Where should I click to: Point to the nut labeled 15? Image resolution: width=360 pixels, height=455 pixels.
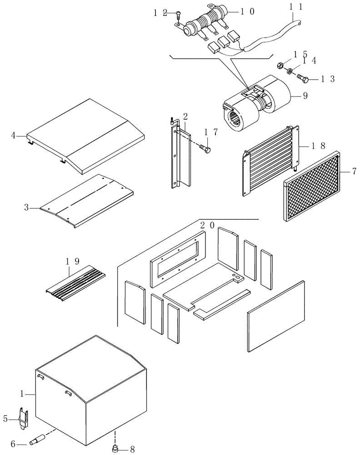tap(281, 65)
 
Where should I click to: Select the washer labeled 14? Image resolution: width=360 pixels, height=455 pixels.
tap(289, 71)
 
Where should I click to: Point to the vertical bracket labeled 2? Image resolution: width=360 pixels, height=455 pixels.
tap(180, 155)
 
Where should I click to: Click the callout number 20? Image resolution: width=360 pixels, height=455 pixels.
tap(208, 226)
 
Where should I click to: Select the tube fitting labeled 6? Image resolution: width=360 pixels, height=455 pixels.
tap(37, 440)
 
